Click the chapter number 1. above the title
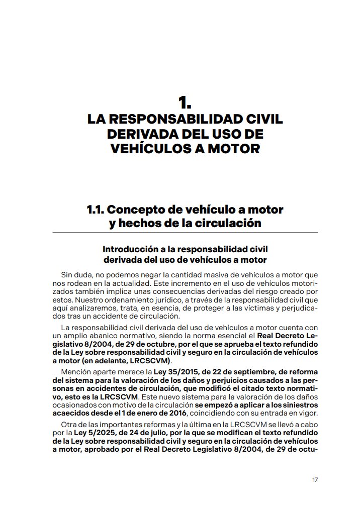pyautogui.click(x=185, y=103)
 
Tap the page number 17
pyautogui.click(x=315, y=479)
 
